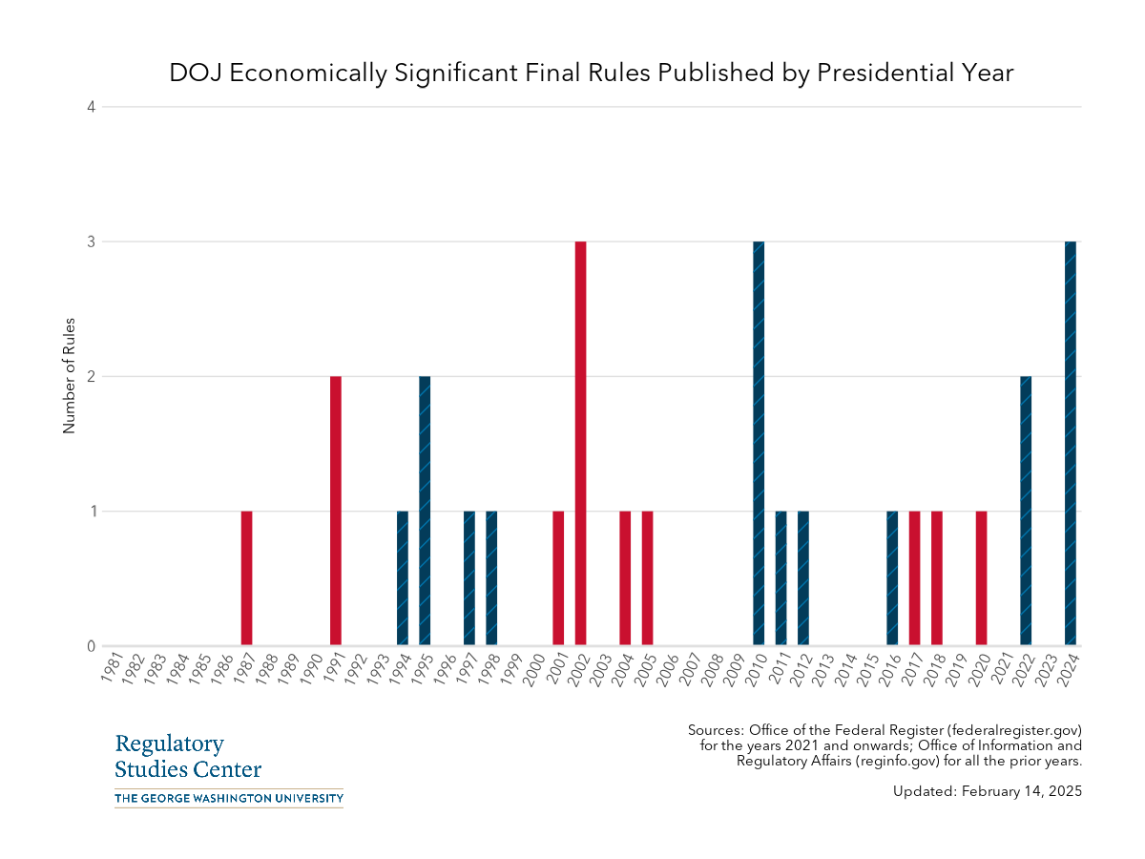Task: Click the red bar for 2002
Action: pyautogui.click(x=580, y=444)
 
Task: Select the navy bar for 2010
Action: pyautogui.click(x=759, y=444)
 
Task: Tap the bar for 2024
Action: pyautogui.click(x=1071, y=444)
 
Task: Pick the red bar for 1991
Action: pyautogui.click(x=336, y=511)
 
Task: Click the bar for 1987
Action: pyautogui.click(x=246, y=578)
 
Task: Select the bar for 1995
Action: pyautogui.click(x=425, y=511)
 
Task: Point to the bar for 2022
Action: pyautogui.click(x=1026, y=511)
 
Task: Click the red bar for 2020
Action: pyautogui.click(x=981, y=578)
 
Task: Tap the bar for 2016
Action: pyautogui.click(x=892, y=578)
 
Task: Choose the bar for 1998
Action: pyautogui.click(x=491, y=578)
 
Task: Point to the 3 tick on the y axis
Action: pyautogui.click(x=92, y=241)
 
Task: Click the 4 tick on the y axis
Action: pyautogui.click(x=92, y=107)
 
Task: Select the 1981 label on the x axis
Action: pyautogui.click(x=112, y=667)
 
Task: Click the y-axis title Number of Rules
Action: pyautogui.click(x=69, y=376)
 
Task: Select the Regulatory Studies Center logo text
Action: pyautogui.click(x=188, y=756)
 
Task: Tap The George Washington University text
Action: pyautogui.click(x=228, y=798)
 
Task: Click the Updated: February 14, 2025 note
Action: pyautogui.click(x=988, y=791)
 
